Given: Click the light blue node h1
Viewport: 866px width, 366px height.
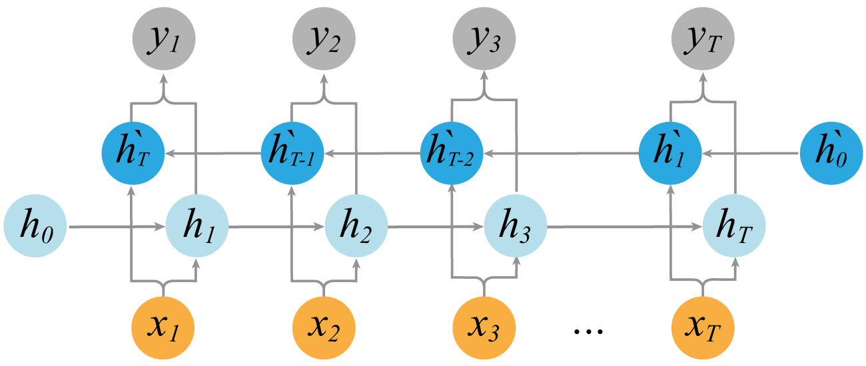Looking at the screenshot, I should point(196,227).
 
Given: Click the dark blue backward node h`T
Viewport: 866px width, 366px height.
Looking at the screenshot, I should point(132,154).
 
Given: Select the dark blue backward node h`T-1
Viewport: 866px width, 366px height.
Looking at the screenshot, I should point(292,154).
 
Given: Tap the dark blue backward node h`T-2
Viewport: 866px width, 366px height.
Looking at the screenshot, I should point(452,154).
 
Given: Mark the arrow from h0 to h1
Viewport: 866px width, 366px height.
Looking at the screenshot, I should point(117,227).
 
